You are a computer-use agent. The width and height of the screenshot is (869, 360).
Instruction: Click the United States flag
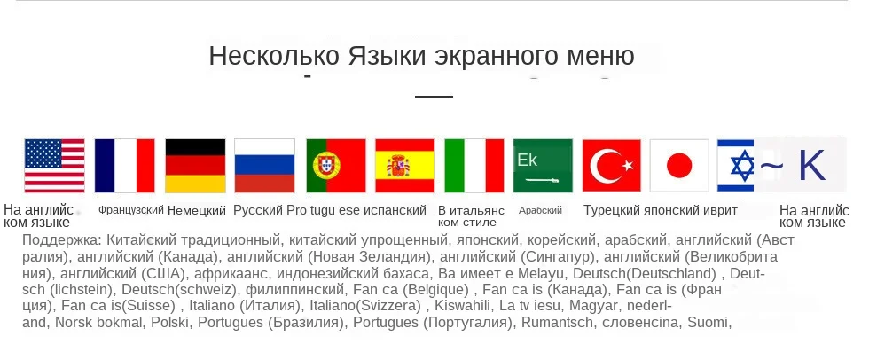click(x=54, y=166)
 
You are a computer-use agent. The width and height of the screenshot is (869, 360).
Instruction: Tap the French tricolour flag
click(x=125, y=166)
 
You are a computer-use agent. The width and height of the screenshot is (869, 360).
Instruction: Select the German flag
click(x=196, y=166)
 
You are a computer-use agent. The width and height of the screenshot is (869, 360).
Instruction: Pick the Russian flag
click(x=264, y=166)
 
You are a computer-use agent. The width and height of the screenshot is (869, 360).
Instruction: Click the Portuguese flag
click(x=336, y=166)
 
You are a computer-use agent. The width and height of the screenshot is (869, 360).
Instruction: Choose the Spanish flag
click(x=404, y=166)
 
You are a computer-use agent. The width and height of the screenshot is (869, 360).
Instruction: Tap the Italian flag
click(x=474, y=166)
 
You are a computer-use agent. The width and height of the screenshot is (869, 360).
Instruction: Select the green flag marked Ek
click(x=543, y=166)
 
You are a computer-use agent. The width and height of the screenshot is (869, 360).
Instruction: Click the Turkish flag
click(x=611, y=166)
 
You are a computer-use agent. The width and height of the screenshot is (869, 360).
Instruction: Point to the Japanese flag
click(x=679, y=166)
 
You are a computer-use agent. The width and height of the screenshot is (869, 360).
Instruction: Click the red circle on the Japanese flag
click(x=679, y=166)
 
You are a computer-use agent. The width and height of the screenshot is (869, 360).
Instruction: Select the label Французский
click(x=131, y=210)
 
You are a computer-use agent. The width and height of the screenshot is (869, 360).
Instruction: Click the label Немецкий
click(x=197, y=210)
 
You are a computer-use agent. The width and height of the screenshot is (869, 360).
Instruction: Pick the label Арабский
click(x=540, y=210)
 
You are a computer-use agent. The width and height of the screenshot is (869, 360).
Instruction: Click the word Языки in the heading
click(x=388, y=56)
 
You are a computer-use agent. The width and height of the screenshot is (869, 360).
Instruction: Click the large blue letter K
click(x=812, y=165)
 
